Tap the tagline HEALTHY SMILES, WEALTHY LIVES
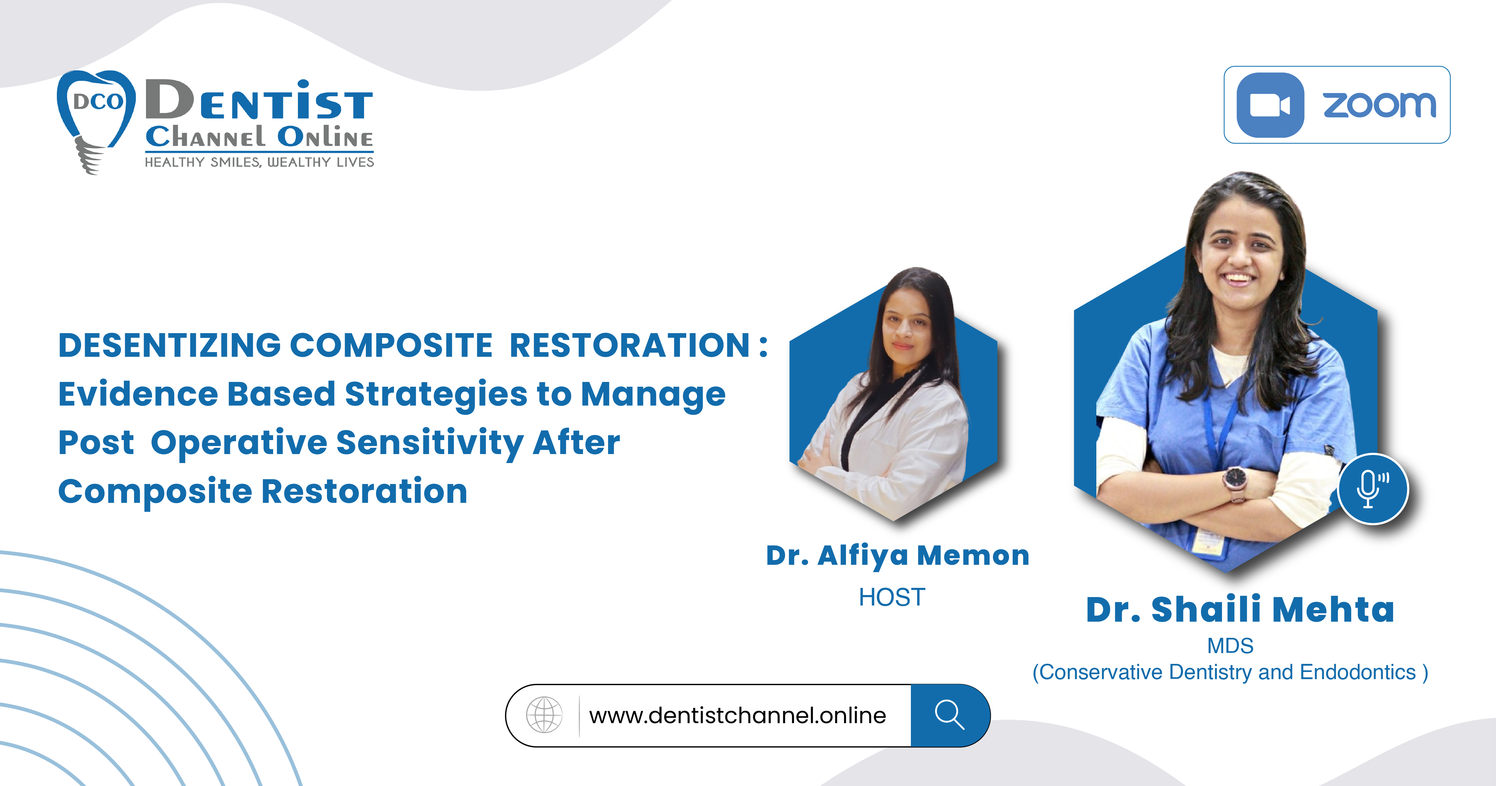tap(259, 163)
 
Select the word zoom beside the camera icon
tap(1379, 105)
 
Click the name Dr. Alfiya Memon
tap(897, 555)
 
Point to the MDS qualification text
tap(1230, 645)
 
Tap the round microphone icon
tap(1373, 488)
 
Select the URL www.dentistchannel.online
tap(738, 715)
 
